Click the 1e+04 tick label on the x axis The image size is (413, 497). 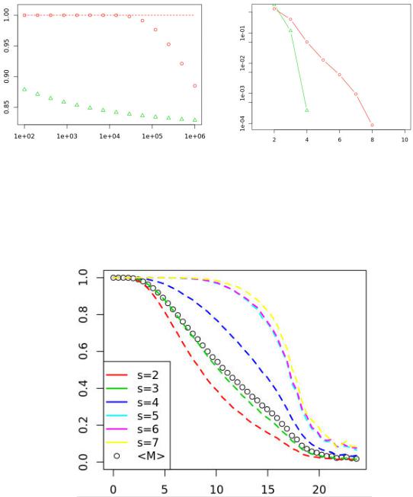(x=110, y=136)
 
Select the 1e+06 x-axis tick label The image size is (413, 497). (x=195, y=136)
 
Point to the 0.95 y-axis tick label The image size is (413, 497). (x=7, y=46)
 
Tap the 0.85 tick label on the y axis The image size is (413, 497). (x=7, y=107)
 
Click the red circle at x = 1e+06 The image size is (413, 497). (x=195, y=86)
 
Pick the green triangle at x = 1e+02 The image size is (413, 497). (x=24, y=89)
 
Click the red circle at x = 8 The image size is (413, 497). (x=372, y=125)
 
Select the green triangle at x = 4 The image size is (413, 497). (x=306, y=110)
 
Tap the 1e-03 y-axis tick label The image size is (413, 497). (x=243, y=93)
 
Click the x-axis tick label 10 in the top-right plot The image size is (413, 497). (x=405, y=139)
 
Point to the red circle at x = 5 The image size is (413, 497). (x=323, y=60)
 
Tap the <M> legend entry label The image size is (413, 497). (x=151, y=456)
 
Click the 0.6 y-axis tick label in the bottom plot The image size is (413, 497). (x=83, y=351)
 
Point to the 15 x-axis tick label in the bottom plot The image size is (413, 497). (x=267, y=489)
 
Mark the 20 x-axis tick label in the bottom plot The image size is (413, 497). (x=319, y=489)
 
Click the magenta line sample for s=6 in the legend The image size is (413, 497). (x=117, y=429)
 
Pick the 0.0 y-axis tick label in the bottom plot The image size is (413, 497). (x=83, y=462)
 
